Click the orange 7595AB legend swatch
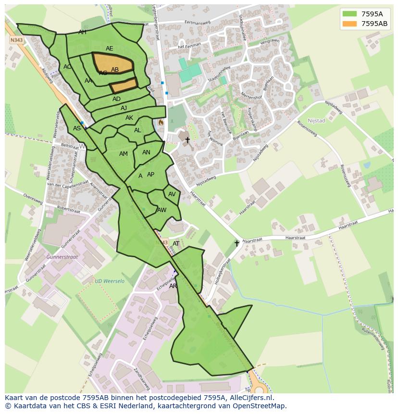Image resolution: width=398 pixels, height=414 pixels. point(350,24)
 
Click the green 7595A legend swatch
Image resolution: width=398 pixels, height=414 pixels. point(350,13)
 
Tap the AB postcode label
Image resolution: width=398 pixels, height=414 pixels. point(115,70)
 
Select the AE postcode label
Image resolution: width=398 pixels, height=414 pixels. point(110,49)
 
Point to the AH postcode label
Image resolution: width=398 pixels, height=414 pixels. point(83,32)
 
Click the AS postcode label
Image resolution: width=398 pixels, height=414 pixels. point(77,128)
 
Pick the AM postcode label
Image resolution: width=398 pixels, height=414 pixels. point(124,154)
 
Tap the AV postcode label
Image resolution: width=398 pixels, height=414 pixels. point(172,194)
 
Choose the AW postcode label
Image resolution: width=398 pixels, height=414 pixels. point(162,210)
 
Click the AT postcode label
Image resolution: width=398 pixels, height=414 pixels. point(176,244)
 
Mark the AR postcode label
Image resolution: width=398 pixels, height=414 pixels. point(173,286)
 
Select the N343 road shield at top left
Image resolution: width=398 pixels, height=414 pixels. point(16,40)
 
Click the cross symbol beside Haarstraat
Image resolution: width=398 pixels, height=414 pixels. point(236,243)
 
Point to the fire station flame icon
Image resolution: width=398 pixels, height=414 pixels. point(161,123)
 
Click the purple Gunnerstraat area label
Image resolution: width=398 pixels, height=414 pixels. point(62,257)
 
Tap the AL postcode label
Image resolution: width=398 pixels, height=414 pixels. point(137,130)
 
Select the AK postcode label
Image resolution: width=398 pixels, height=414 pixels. point(129,118)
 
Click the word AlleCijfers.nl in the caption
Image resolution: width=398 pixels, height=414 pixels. point(249,398)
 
